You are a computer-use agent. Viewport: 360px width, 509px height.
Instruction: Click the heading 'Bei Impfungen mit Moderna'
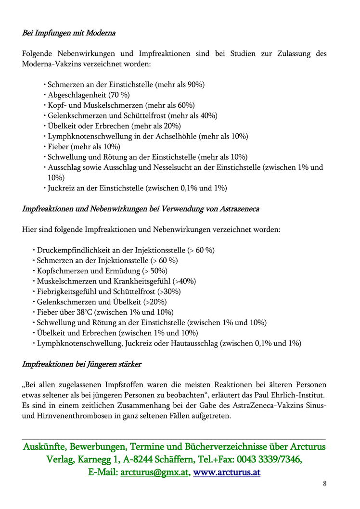(x=69, y=33)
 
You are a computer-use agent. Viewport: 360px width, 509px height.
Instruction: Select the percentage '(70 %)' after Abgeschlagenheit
(x=119, y=95)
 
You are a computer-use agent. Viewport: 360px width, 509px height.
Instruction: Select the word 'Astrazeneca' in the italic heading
(x=240, y=209)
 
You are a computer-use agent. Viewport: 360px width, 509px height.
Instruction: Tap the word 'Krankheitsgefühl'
(x=145, y=281)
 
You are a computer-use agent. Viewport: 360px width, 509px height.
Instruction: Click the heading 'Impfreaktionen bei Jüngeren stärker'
(x=82, y=364)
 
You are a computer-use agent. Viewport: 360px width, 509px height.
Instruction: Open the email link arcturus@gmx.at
(x=154, y=472)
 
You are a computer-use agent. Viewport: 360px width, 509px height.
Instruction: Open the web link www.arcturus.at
(x=227, y=472)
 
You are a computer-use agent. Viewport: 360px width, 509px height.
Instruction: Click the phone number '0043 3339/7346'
(x=268, y=459)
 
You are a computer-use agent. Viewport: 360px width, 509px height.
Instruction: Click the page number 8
(x=325, y=484)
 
